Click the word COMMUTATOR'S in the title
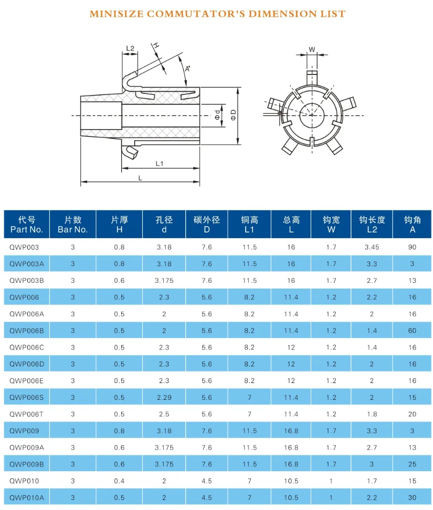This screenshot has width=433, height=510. pyautogui.click(x=196, y=14)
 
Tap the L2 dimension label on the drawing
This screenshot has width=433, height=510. pyautogui.click(x=130, y=48)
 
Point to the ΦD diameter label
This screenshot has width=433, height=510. pyautogui.click(x=233, y=115)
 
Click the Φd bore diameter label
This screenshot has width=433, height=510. pyautogui.click(x=217, y=115)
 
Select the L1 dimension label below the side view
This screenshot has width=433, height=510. pyautogui.click(x=160, y=164)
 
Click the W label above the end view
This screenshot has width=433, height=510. pyautogui.click(x=312, y=50)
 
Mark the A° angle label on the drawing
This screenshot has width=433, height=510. pyautogui.click(x=188, y=69)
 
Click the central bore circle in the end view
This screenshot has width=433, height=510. pyautogui.click(x=312, y=115)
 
